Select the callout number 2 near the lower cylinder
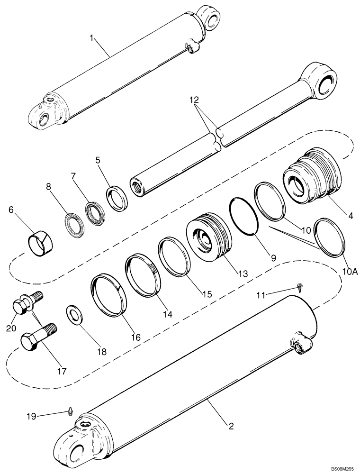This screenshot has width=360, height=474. (231, 426)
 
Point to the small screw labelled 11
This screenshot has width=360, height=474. (300, 285)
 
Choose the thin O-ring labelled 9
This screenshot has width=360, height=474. (245, 216)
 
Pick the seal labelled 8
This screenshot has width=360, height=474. (74, 224)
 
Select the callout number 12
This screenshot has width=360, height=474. (194, 100)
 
